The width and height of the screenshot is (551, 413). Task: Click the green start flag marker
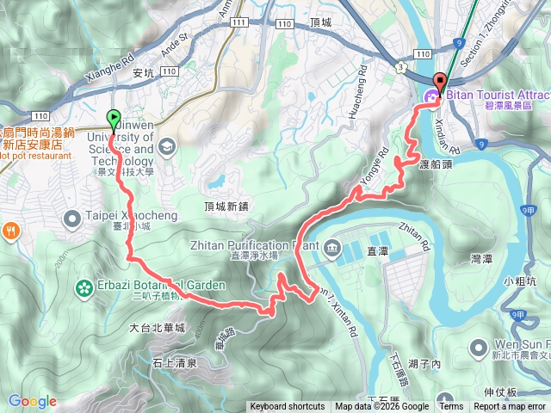click(113, 120)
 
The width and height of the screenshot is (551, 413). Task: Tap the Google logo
click(32, 401)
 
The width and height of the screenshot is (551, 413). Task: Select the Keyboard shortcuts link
click(288, 407)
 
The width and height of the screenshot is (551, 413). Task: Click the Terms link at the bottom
click(450, 407)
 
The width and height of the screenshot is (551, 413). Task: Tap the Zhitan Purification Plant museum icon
click(332, 250)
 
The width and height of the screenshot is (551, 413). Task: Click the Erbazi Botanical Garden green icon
click(84, 287)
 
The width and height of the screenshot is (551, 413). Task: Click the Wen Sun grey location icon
click(479, 348)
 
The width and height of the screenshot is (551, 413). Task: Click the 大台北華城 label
click(157, 328)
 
